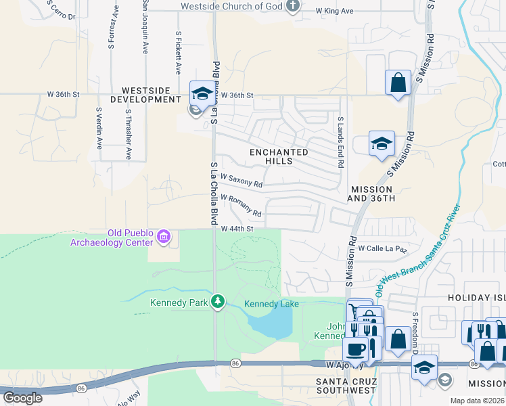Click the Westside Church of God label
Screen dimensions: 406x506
click(x=232, y=6)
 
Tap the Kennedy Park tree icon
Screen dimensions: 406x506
click(x=217, y=301)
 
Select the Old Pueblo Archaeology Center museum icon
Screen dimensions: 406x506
click(x=164, y=237)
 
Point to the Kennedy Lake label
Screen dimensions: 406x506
click(x=271, y=304)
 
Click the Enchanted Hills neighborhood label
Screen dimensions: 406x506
click(x=280, y=156)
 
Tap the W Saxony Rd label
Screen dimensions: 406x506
click(x=240, y=181)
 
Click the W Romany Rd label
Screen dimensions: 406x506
click(x=241, y=206)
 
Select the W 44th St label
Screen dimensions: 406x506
click(x=237, y=229)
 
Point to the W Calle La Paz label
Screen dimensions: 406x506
click(x=383, y=248)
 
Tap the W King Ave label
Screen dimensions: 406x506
click(x=335, y=12)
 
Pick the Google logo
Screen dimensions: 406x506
click(x=22, y=398)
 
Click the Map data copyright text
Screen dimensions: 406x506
click(x=478, y=401)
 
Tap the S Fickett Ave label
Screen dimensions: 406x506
click(x=179, y=53)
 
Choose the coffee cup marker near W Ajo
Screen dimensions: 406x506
click(x=355, y=349)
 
